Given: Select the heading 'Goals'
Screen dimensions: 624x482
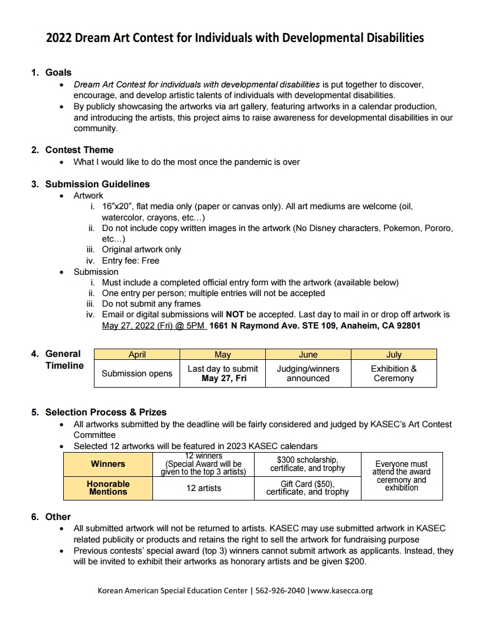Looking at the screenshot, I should coord(58,73).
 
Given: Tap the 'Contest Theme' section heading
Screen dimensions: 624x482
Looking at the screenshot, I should coord(79,150).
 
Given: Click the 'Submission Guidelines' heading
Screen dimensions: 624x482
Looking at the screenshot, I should coord(97,184).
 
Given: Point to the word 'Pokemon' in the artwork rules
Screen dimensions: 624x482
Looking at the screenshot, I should coord(402,228).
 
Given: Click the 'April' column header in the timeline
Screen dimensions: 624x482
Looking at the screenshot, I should coord(137,355).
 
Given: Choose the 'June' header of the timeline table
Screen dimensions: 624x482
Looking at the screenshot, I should coord(308,355).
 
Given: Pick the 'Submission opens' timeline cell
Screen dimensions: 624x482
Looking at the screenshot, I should coord(137,373).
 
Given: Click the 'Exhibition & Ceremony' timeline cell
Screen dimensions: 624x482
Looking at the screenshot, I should coord(393,373).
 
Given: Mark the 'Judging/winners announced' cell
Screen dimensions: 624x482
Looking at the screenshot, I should coord(308,373).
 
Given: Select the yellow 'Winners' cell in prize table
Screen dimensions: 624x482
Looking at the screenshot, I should coord(108,464).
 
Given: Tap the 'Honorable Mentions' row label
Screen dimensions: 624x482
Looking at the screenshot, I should coord(108,487).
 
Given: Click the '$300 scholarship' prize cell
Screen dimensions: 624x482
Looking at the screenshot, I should coord(307,464).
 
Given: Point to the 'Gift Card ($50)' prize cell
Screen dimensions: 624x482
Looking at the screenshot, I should coord(307,487).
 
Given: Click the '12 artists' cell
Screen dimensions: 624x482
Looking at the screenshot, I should coord(203,488).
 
